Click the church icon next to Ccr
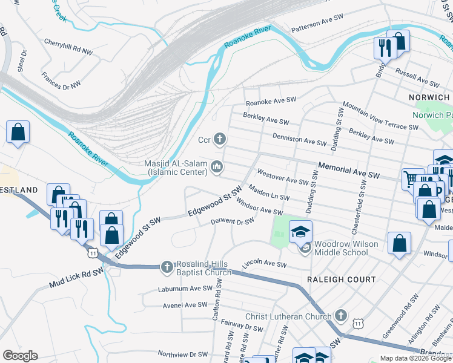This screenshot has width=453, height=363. click(220, 140)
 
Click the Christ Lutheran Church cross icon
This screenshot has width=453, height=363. click(340, 316)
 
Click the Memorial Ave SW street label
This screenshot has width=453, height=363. click(348, 170)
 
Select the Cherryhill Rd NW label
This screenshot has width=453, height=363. click(68, 47)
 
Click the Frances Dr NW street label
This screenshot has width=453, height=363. click(61, 81)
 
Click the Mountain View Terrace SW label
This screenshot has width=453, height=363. click(380, 116)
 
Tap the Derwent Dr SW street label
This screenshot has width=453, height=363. click(232, 222)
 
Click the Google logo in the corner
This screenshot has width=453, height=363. click(20, 355)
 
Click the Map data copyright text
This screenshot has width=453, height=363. click(415, 358)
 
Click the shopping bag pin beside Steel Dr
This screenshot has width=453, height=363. click(18, 132)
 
